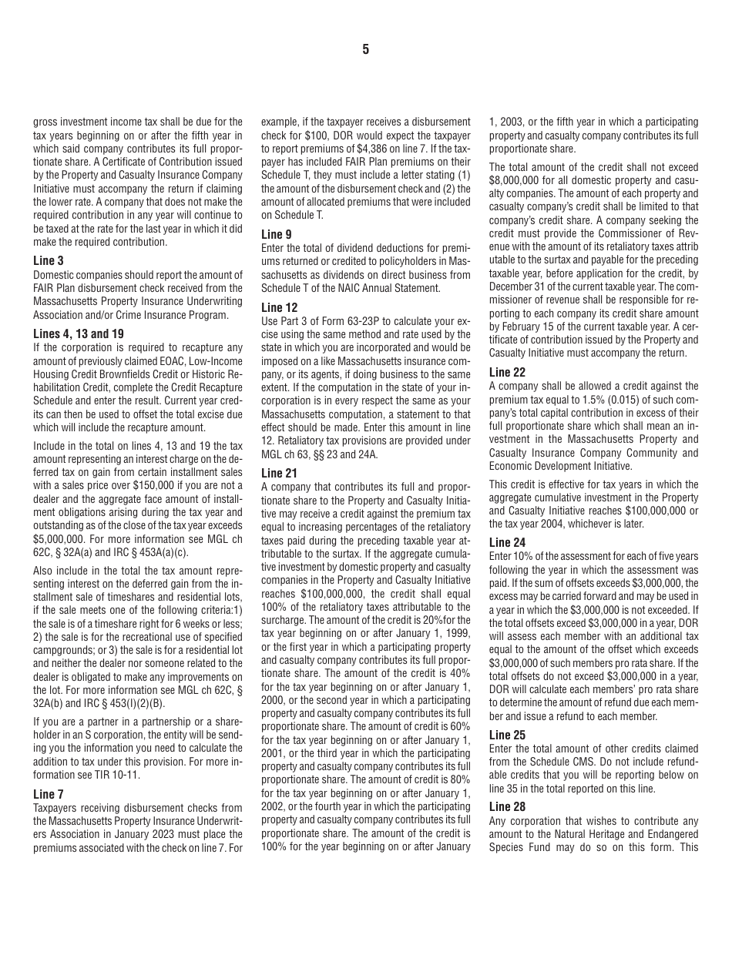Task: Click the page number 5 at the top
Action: pyautogui.click(x=365, y=50)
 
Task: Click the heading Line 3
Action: pyautogui.click(x=49, y=260)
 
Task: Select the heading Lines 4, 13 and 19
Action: pyautogui.click(x=79, y=333)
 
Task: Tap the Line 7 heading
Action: pyautogui.click(x=49, y=794)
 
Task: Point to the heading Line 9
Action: pyautogui.click(x=277, y=234)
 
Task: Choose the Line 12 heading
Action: pyautogui.click(x=279, y=307)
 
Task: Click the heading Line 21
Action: pyautogui.click(x=279, y=473)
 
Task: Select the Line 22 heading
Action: pyautogui.click(x=507, y=372)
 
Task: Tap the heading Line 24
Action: pyautogui.click(x=507, y=542)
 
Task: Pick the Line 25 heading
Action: pyautogui.click(x=507, y=735)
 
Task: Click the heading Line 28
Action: pyautogui.click(x=507, y=806)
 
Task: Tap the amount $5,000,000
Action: pyautogui.click(x=59, y=539)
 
